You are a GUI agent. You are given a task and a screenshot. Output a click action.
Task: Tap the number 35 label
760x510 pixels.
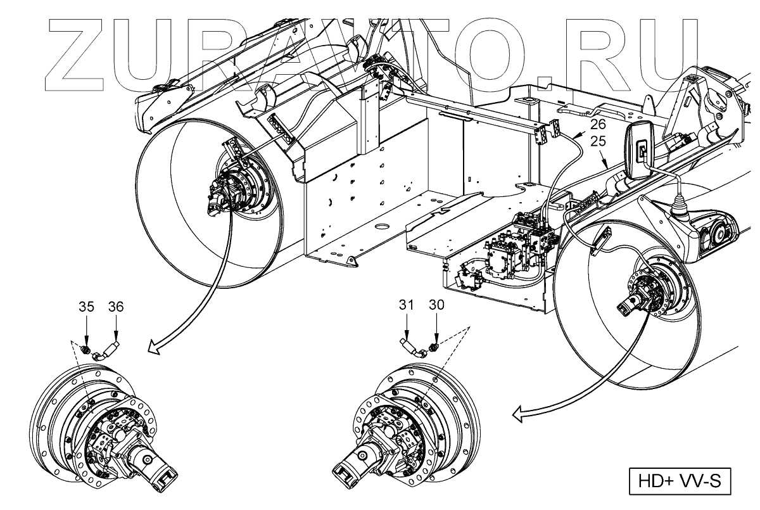point(86,307)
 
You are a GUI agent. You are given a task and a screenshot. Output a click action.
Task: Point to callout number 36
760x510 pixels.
point(117,307)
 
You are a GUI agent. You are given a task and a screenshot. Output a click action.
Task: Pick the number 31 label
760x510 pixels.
point(407,305)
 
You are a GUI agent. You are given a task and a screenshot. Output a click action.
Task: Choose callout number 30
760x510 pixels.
point(436,305)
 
